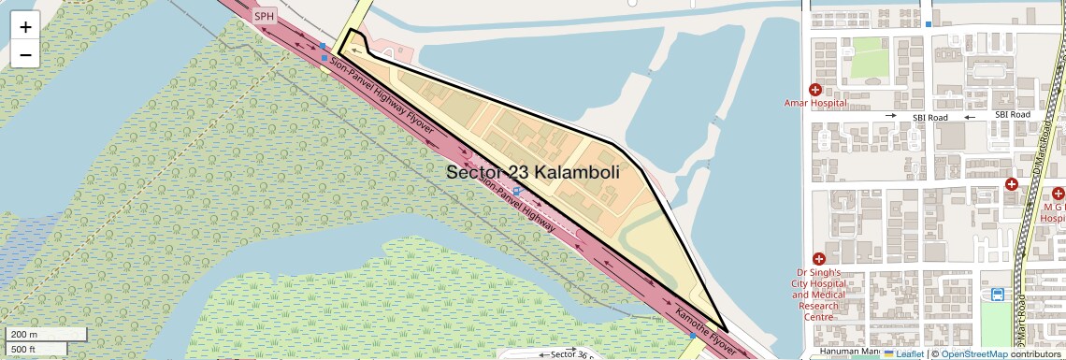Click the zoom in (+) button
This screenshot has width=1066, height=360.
[x=25, y=27]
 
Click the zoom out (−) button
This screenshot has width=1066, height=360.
[x=25, y=55]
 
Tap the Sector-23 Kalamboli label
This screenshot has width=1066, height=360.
[x=545, y=172]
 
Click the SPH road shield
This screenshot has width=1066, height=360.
[x=265, y=16]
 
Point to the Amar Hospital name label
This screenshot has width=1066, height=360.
[x=815, y=104]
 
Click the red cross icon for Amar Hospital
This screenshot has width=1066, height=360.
[x=814, y=90]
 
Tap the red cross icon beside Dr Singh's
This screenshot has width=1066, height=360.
[x=819, y=258]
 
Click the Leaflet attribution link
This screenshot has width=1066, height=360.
[x=903, y=353]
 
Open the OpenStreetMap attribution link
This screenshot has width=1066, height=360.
[x=973, y=353]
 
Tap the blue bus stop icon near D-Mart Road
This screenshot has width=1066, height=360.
[x=998, y=295]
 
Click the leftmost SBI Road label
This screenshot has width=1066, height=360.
[x=930, y=116]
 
